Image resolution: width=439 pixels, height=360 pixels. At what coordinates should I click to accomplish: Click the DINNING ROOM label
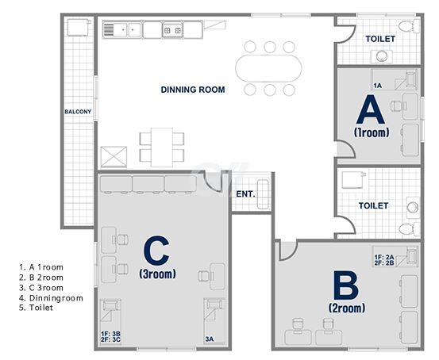click(x=193, y=90)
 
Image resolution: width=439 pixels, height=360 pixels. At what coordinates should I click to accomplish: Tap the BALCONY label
click(x=78, y=112)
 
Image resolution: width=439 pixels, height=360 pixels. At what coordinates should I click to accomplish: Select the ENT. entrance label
click(x=245, y=193)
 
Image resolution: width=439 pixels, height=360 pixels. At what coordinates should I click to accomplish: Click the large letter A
click(x=371, y=109)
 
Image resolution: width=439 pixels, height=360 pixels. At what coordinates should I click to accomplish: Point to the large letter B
click(x=346, y=285)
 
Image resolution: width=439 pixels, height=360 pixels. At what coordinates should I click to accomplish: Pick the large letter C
click(x=156, y=250)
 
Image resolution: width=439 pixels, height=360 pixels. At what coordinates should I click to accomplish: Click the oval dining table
click(x=268, y=68)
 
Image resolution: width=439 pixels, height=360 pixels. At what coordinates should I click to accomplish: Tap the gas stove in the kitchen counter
click(x=172, y=30)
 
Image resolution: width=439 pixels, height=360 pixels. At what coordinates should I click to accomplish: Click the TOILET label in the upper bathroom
click(x=380, y=39)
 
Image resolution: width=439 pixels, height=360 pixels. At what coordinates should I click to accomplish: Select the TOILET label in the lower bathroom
click(x=373, y=206)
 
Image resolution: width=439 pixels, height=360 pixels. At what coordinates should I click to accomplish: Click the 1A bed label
click(x=377, y=86)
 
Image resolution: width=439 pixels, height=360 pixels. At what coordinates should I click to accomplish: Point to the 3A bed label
click(x=210, y=339)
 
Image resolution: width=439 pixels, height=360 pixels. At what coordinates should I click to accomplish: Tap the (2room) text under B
click(x=347, y=308)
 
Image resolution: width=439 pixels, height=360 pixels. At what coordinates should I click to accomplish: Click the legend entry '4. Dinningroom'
click(x=52, y=298)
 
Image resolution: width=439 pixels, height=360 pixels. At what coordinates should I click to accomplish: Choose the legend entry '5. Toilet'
click(x=36, y=308)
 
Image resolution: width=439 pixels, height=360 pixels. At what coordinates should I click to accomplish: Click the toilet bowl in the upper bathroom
click(x=409, y=27)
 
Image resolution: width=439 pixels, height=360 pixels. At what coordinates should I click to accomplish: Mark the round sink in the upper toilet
click(x=382, y=56)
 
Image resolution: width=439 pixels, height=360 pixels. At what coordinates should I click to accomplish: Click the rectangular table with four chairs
click(x=162, y=147)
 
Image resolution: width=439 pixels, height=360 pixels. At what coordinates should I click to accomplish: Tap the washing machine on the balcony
click(x=79, y=27)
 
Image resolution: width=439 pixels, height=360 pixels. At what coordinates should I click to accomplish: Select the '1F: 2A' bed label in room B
click(x=384, y=257)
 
